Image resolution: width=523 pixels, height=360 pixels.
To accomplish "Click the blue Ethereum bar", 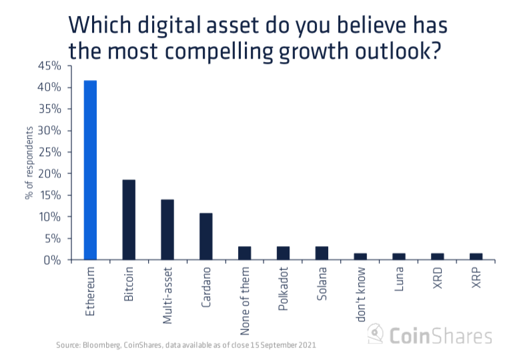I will (x=90, y=170).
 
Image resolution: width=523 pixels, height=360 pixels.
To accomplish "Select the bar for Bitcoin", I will (x=129, y=220).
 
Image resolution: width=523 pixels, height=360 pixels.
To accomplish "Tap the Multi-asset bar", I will (x=167, y=230).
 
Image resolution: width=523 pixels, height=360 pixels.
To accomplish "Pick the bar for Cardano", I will (x=206, y=237).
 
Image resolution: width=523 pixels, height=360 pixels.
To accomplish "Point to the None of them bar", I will (x=245, y=253).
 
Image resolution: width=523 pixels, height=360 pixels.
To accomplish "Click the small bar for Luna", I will (x=399, y=257).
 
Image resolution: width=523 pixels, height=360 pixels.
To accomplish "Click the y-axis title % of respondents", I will (x=29, y=163).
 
